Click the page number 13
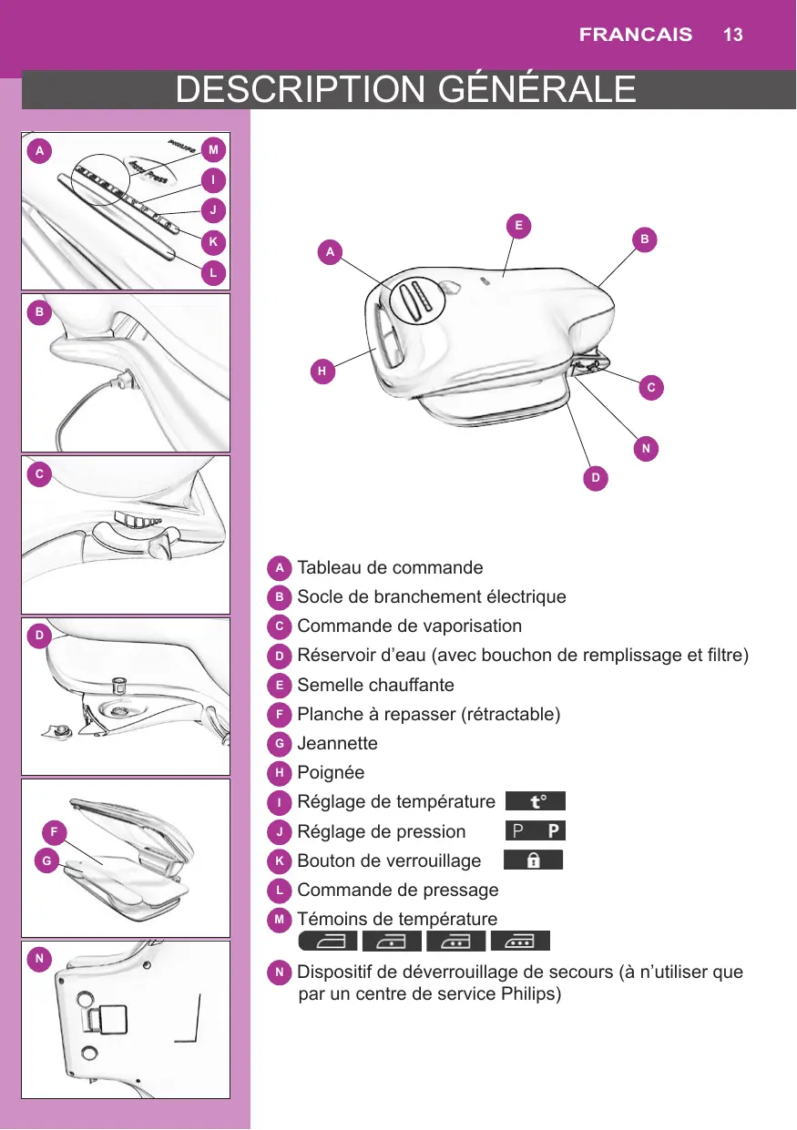coord(733,36)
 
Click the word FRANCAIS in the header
coord(636,36)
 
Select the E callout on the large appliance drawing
coord(519,225)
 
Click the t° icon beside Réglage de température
coord(536,801)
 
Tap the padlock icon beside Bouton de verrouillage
coord(533,860)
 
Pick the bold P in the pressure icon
coord(554,830)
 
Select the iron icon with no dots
coord(328,941)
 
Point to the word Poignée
coord(331,772)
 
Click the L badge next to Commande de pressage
coord(281,889)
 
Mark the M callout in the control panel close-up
coord(214,148)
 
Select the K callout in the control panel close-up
coord(213,242)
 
